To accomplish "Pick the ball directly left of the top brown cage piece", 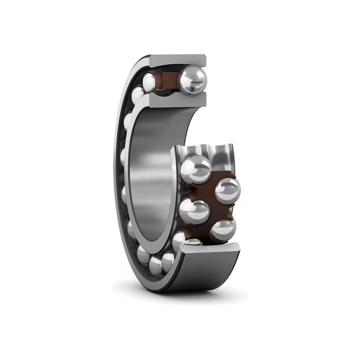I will point(149,82).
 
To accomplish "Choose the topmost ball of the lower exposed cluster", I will point(195,169).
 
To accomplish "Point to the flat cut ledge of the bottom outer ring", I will point(211,248).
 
